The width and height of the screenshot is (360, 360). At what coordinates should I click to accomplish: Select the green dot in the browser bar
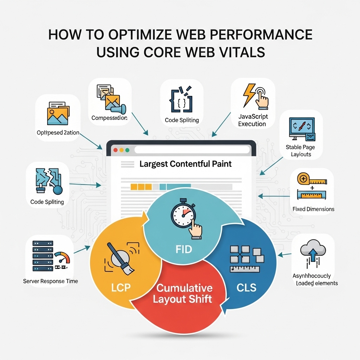point(127,150)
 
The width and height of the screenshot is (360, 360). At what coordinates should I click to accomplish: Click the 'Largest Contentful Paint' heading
point(186,164)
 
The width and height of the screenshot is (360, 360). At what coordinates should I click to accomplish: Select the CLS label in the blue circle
point(246,288)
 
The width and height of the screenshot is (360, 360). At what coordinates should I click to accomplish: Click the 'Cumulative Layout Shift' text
point(184,294)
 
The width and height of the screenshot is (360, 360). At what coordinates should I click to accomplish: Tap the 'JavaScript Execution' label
point(253,120)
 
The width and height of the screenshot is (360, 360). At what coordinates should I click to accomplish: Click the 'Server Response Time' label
point(51,281)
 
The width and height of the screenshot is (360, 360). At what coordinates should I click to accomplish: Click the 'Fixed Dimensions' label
point(313,209)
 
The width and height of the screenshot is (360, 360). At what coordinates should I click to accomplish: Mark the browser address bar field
point(192,150)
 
